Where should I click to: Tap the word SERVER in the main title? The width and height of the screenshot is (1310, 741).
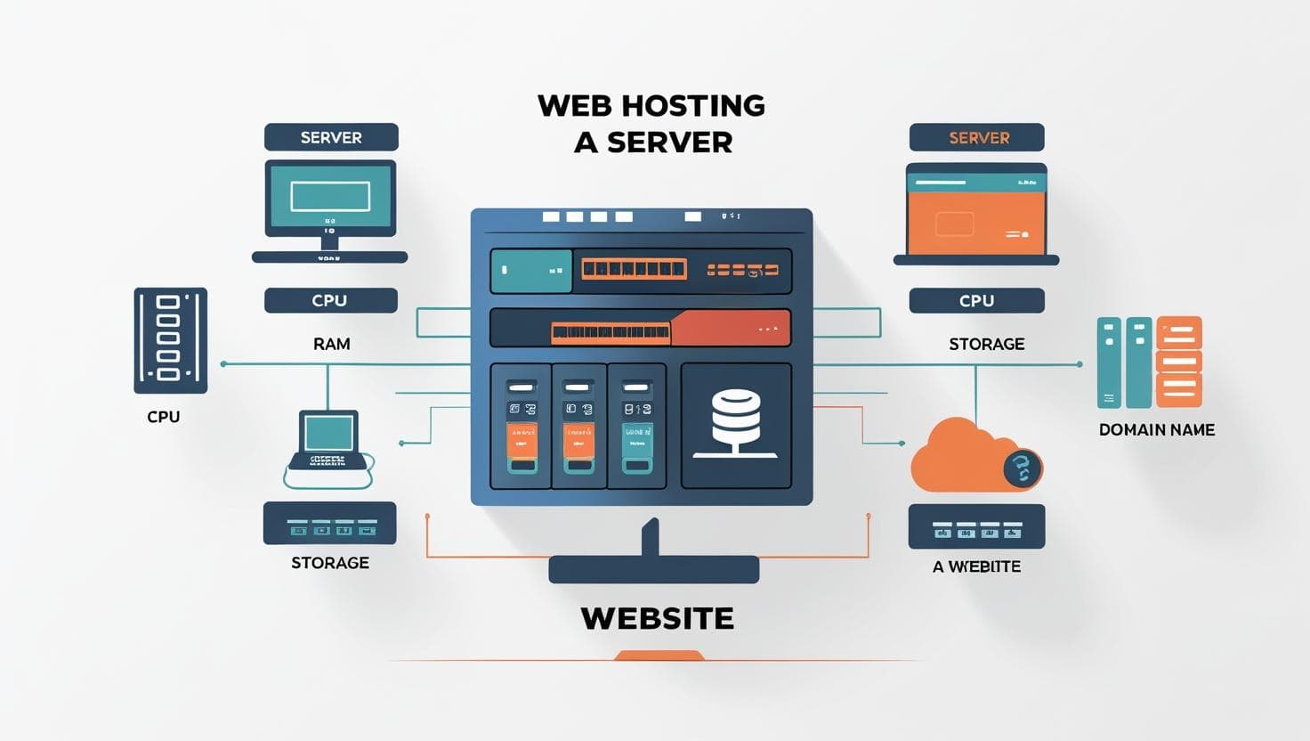(x=669, y=142)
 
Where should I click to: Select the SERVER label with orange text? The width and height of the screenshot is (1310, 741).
(x=978, y=138)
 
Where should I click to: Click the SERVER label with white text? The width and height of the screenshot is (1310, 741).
(x=331, y=138)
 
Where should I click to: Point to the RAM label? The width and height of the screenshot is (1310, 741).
(x=331, y=344)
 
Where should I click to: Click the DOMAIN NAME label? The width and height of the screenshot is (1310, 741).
(x=1156, y=430)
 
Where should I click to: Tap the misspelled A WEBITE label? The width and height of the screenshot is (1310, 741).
(x=976, y=566)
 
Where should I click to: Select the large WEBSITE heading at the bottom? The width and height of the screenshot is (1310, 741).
(x=657, y=618)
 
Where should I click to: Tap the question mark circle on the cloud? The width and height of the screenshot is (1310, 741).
(x=1022, y=468)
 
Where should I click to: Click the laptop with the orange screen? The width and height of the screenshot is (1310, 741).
(x=976, y=214)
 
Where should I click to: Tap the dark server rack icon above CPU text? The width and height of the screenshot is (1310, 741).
(x=170, y=340)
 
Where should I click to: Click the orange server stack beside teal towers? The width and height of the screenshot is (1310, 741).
(x=1178, y=362)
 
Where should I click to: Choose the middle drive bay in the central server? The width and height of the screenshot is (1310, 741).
(x=579, y=426)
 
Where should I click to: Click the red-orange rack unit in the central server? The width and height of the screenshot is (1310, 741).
(x=730, y=328)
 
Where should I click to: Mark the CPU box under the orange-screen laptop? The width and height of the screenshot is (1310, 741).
(x=976, y=301)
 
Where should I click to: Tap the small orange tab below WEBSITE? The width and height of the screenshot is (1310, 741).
(x=659, y=656)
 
